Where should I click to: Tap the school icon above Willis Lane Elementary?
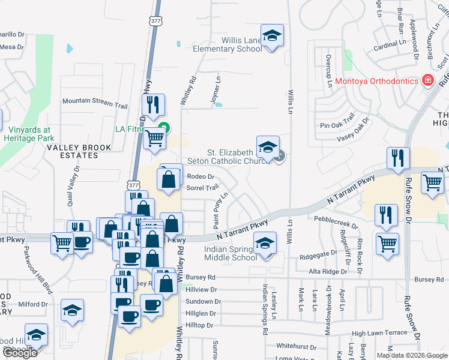click(x=272, y=35)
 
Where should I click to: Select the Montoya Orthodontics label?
click(x=376, y=81)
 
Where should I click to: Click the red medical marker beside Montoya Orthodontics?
click(x=428, y=80)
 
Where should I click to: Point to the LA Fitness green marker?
click(x=162, y=127)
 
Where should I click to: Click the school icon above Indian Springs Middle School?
click(x=265, y=243)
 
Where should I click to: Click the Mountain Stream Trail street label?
click(x=95, y=103)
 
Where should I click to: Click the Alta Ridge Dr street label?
click(x=324, y=271)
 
